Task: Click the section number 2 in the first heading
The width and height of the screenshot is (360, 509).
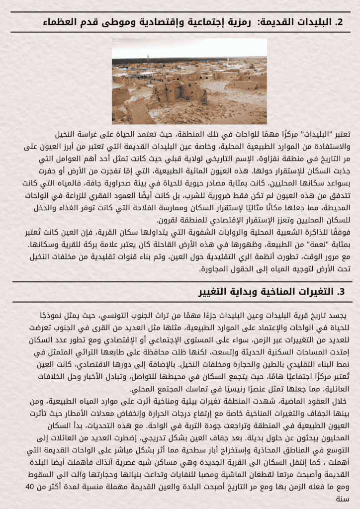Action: pyautogui.click(x=340, y=22)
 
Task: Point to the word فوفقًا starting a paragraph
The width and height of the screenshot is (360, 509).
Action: pyautogui.click(x=340, y=233)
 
